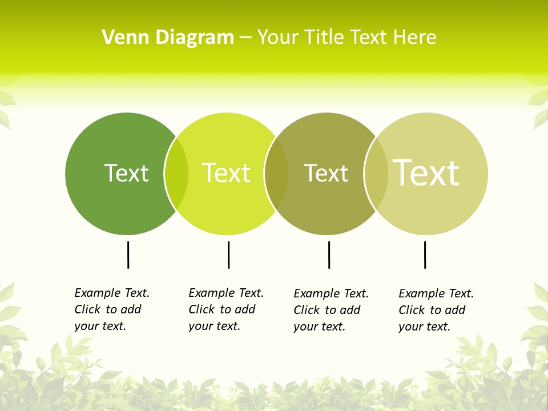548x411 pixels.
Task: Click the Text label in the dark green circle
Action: point(126,173)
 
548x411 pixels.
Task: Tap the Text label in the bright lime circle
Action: point(227,173)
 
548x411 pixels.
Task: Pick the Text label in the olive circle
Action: point(326,173)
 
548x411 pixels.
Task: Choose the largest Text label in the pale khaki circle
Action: point(426,172)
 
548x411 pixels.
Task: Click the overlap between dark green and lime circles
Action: point(176,174)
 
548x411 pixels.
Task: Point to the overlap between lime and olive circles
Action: point(276,174)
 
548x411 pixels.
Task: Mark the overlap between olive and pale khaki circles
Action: point(376,174)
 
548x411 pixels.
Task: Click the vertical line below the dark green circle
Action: point(128,255)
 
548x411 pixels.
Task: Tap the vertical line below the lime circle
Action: point(228,255)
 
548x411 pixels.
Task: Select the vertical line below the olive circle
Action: point(329,255)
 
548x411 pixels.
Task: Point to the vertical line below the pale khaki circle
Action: point(425,255)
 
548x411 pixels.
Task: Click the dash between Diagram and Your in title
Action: point(245,38)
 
